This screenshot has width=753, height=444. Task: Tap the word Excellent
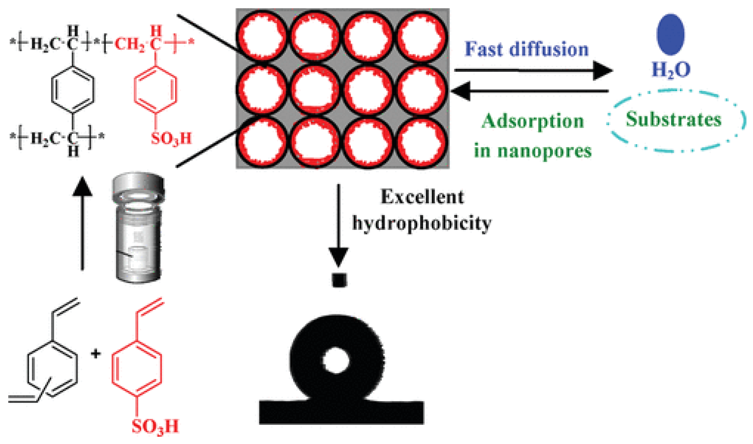[x=422, y=197]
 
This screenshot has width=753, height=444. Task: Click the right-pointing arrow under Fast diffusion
[x=532, y=71]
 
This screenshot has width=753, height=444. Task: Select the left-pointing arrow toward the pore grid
[x=529, y=91]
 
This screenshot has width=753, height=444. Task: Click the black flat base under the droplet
[x=341, y=413]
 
